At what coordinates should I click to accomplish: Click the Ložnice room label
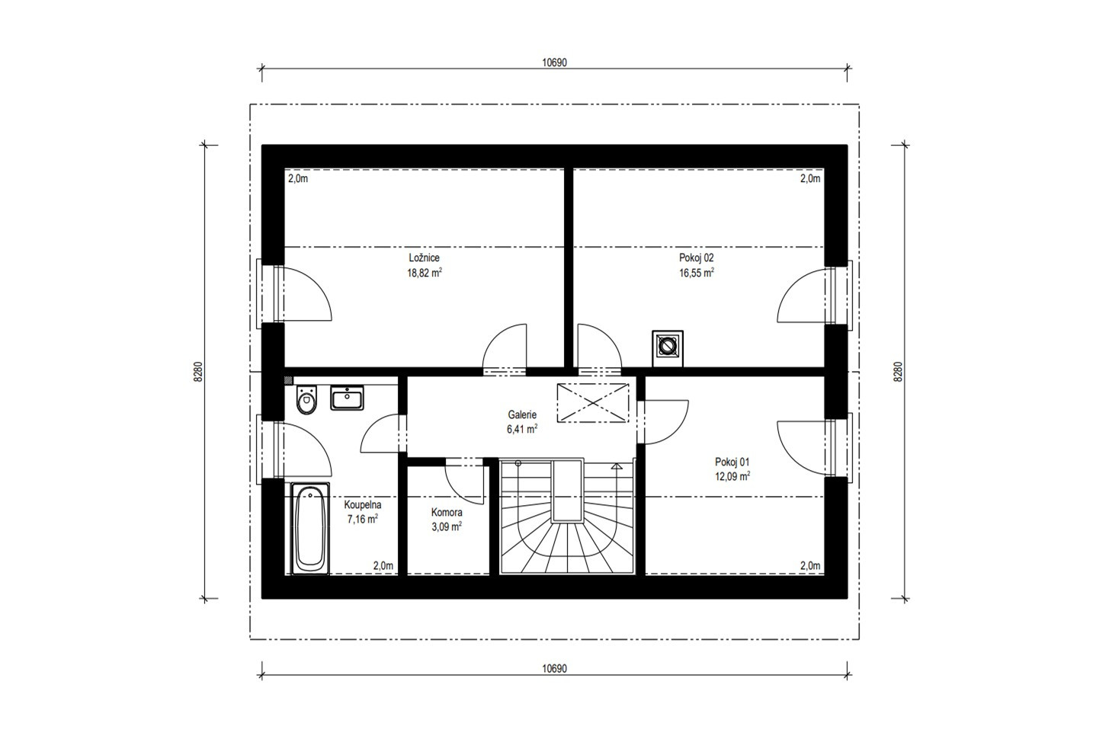424,258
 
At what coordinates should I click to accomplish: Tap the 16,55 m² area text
696,273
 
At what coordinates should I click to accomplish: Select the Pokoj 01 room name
732,462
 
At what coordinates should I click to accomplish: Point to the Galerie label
522,414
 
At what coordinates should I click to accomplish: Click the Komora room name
447,512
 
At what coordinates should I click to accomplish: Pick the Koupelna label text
362,505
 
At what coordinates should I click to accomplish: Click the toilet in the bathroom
307,399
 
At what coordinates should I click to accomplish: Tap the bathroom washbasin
347,398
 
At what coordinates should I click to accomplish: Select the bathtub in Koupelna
310,529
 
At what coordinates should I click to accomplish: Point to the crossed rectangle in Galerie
593,403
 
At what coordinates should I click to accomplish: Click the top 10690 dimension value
554,63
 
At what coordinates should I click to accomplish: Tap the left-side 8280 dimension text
198,372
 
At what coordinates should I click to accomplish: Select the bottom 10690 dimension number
554,669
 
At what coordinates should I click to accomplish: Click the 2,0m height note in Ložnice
298,179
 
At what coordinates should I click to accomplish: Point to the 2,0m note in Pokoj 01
810,566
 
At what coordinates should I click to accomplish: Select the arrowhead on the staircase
617,465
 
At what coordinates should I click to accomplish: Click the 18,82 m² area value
425,273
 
